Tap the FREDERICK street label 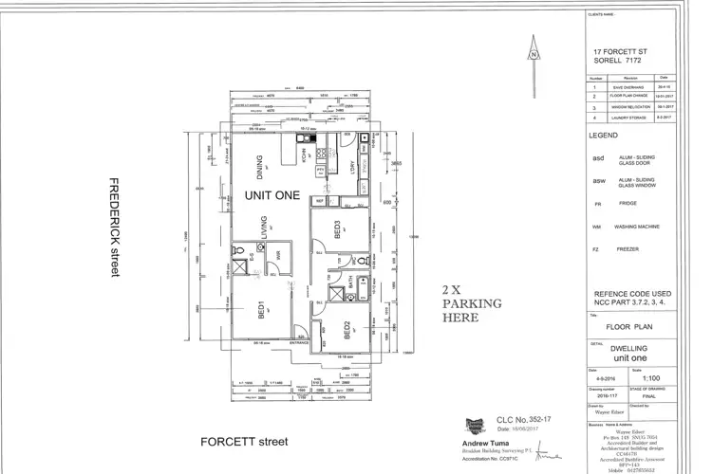tap(114, 228)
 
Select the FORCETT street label tap(243, 442)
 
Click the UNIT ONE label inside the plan tap(272, 196)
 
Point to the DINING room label tap(259, 167)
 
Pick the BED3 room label tap(337, 228)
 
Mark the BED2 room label tap(348, 330)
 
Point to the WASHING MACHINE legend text tap(638, 228)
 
